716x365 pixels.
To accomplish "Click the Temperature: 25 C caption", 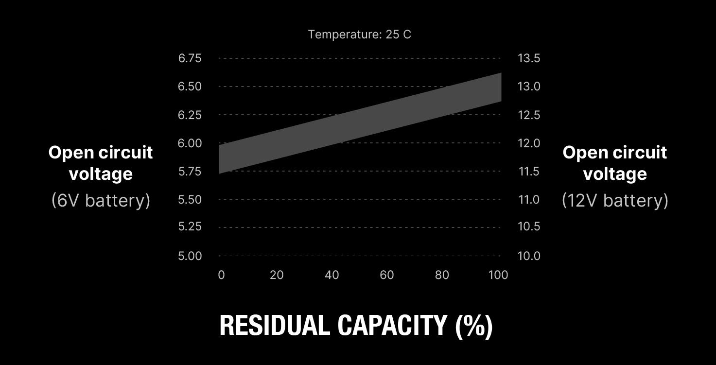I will pyautogui.click(x=359, y=35).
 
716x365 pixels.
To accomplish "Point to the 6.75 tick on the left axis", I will pyautogui.click(x=190, y=58).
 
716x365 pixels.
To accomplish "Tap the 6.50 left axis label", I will pyautogui.click(x=190, y=87).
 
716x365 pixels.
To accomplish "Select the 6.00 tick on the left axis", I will pyautogui.click(x=190, y=143).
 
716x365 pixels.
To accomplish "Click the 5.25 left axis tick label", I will pyautogui.click(x=190, y=226).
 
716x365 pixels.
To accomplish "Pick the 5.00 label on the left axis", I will pyautogui.click(x=190, y=256).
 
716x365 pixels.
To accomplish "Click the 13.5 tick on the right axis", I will pyautogui.click(x=529, y=58).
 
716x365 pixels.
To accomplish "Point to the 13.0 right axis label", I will pyautogui.click(x=529, y=87).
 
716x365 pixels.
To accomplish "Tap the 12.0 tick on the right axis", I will pyautogui.click(x=529, y=143).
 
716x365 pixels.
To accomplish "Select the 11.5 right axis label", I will pyautogui.click(x=529, y=171).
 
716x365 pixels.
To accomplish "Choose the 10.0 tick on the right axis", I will pyautogui.click(x=529, y=256).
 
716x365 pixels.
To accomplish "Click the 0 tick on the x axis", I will pyautogui.click(x=221, y=275).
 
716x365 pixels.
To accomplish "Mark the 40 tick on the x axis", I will pyautogui.click(x=332, y=275).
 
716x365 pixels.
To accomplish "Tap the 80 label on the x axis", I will pyautogui.click(x=442, y=275).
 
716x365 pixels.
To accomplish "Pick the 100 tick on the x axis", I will pyautogui.click(x=498, y=275).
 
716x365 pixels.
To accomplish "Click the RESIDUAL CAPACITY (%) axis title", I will pyautogui.click(x=356, y=326).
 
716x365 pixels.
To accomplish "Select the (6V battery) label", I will pyautogui.click(x=101, y=200).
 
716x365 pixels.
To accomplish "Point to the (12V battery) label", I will pyautogui.click(x=615, y=200).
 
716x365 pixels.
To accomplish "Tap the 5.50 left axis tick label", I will pyautogui.click(x=190, y=199).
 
